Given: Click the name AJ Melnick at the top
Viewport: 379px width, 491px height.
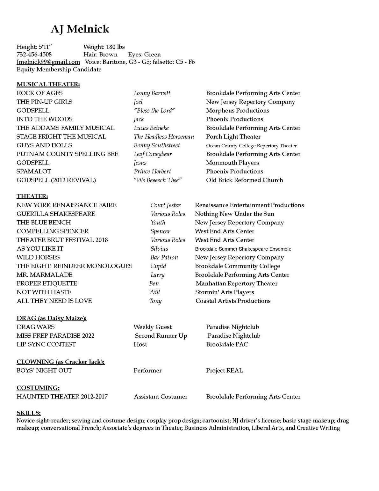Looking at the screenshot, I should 80,29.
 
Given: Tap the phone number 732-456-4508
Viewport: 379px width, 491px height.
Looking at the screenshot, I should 34,55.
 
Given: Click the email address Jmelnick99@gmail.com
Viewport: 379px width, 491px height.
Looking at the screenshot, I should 48,62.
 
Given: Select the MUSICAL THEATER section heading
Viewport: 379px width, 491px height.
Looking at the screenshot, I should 48,84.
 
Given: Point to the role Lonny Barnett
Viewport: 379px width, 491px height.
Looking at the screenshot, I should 152,93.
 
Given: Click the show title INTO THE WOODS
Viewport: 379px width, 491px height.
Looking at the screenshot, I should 44,119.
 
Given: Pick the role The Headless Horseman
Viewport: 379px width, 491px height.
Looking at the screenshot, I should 164,137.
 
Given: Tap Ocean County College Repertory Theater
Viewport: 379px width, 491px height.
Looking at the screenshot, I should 251,146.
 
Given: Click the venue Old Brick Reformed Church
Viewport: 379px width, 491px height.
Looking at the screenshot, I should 244,180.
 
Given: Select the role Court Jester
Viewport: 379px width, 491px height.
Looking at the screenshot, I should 165,205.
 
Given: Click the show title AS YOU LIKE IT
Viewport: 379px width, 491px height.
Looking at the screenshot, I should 40,249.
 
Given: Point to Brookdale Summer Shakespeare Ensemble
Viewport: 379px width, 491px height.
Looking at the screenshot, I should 243,249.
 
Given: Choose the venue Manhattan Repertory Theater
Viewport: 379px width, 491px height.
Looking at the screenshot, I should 236,283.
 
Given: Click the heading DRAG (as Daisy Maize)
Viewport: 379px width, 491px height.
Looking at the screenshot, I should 52,318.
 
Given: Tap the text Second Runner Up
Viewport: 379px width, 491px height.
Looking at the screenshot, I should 161,336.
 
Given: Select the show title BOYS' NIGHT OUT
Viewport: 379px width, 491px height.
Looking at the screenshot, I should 44,370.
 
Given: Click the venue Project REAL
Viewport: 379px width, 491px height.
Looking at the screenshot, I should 224,370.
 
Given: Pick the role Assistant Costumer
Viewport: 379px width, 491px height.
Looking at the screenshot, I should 161,397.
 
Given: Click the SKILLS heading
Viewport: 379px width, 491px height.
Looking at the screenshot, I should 29,413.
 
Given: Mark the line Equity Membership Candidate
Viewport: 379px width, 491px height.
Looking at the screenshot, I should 59,70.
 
